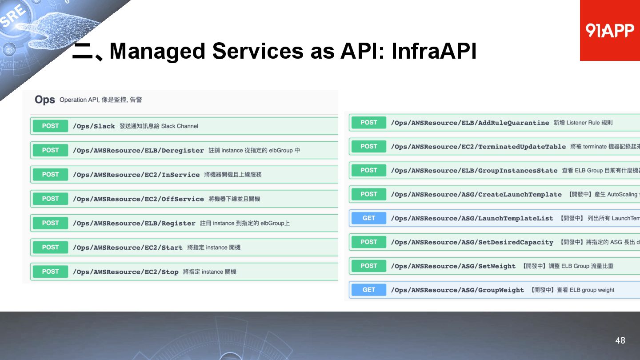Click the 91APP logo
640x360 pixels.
point(609,30)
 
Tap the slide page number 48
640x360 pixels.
point(620,340)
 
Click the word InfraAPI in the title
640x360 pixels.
point(434,51)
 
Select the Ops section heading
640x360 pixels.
point(44,100)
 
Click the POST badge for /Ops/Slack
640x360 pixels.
point(50,126)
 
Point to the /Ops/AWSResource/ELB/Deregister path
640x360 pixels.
point(138,151)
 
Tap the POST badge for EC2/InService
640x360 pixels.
point(50,175)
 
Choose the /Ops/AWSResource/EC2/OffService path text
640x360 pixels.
point(138,199)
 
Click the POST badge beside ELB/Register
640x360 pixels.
point(50,223)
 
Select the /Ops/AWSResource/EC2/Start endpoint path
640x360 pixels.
point(128,248)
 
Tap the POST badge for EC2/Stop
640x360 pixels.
point(50,272)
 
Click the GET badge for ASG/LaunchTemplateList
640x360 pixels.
point(368,218)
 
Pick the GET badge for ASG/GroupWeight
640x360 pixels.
point(368,290)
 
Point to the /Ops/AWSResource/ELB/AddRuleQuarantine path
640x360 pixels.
point(470,123)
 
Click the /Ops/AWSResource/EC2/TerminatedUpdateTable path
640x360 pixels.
point(478,147)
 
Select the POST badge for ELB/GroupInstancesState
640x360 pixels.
point(368,170)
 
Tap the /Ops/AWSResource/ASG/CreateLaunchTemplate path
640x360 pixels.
point(476,194)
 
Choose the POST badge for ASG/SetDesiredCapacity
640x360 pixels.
point(368,242)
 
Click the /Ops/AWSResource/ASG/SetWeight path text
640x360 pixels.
point(453,266)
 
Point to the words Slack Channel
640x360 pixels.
point(180,126)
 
